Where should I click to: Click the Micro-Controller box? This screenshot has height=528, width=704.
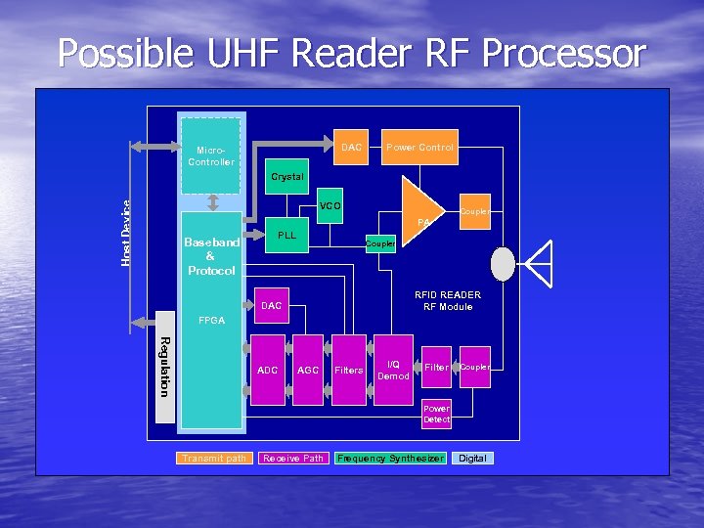(x=211, y=155)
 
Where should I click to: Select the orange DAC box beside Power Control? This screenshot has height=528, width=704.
(x=351, y=148)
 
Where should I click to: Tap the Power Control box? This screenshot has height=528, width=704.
(x=419, y=148)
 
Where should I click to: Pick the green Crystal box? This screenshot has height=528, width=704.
(x=287, y=177)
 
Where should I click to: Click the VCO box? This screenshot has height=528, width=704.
(x=330, y=206)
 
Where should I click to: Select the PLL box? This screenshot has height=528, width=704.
(x=287, y=236)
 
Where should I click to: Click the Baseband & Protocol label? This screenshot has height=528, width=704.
(x=211, y=256)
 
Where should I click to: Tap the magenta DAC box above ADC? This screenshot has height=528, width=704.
(x=272, y=306)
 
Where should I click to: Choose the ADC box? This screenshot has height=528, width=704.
(x=268, y=370)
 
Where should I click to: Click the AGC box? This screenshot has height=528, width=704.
(x=308, y=370)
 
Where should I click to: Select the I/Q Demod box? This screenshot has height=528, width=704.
(x=393, y=370)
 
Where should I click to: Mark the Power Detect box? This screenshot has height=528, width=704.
(x=436, y=414)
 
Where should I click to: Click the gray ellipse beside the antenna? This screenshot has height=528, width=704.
(x=503, y=264)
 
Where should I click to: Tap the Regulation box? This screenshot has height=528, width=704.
(x=164, y=367)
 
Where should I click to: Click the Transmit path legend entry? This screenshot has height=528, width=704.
(x=214, y=459)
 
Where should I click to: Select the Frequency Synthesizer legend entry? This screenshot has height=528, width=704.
(x=390, y=459)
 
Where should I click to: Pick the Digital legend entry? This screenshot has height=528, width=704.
(x=472, y=459)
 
